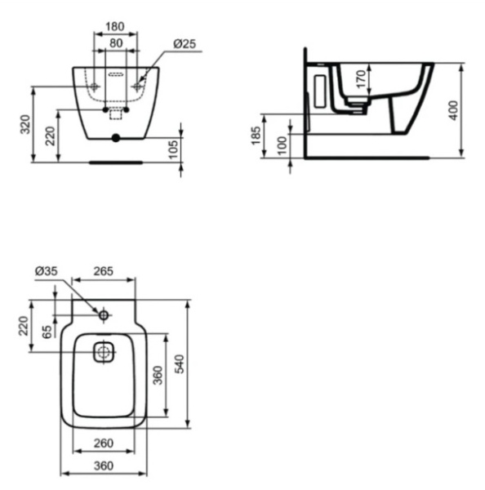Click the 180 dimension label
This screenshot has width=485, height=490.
coord(115,27)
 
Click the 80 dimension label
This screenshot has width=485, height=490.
coord(116,43)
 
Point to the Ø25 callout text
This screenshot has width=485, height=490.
coord(185,44)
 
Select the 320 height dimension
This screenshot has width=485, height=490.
coord(25,124)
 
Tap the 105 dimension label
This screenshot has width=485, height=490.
coord(173,149)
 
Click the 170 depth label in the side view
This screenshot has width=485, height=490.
coord(361,79)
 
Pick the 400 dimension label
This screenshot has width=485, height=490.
coord(453,110)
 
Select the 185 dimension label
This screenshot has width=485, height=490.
coord(256,136)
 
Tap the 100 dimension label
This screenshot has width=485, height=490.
coord(283,145)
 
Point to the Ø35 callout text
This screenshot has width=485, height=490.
coord(47,271)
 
